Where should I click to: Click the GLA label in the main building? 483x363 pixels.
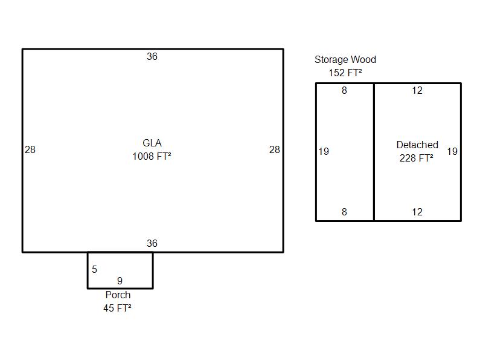[152, 143]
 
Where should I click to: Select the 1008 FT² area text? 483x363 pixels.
[152, 157]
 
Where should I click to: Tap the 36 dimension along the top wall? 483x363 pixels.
[152, 57]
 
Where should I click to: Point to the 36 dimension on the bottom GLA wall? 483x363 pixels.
[152, 244]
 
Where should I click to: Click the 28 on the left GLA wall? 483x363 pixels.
[30, 150]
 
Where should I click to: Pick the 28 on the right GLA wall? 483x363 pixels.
[275, 150]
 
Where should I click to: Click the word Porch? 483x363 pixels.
[118, 295]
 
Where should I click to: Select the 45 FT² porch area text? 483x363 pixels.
[118, 308]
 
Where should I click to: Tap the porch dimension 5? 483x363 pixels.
[94, 270]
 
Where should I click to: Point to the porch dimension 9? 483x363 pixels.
[120, 281]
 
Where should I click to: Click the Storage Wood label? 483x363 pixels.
[345, 60]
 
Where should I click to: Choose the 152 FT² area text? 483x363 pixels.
[345, 73]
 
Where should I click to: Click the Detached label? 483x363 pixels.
[417, 145]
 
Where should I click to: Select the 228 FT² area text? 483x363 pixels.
[417, 159]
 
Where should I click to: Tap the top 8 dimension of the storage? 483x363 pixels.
[345, 91]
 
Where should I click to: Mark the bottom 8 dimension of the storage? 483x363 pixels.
[345, 212]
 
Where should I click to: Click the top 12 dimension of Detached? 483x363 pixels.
[417, 91]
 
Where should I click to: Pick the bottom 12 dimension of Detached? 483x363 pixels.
[417, 212]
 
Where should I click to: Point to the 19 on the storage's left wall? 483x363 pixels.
[324, 152]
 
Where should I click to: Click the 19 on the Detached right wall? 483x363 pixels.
[452, 152]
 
